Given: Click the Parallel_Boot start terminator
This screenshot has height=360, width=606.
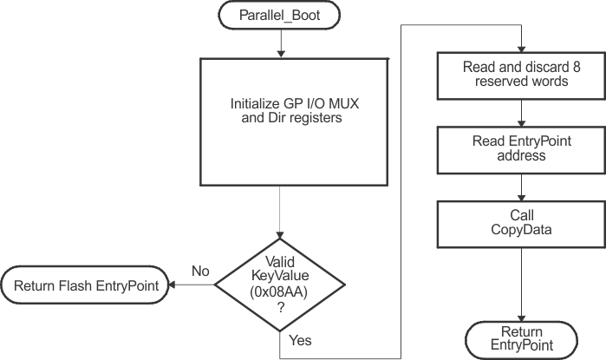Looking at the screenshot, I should (x=278, y=16).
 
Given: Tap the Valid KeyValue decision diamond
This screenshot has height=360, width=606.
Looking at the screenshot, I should (x=278, y=283).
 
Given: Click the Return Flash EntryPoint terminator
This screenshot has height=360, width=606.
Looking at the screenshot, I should (x=84, y=284).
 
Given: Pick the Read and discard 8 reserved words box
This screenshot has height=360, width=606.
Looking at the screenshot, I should (x=521, y=75).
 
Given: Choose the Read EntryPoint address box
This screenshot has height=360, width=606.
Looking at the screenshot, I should (x=521, y=148).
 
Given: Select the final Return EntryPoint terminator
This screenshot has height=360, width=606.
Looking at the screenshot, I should (x=521, y=338).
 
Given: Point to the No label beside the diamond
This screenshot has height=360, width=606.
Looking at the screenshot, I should (x=200, y=272).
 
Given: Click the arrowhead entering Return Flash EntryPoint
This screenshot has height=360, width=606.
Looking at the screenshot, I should (x=172, y=284).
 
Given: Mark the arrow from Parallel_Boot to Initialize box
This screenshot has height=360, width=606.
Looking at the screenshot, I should (x=278, y=43).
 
